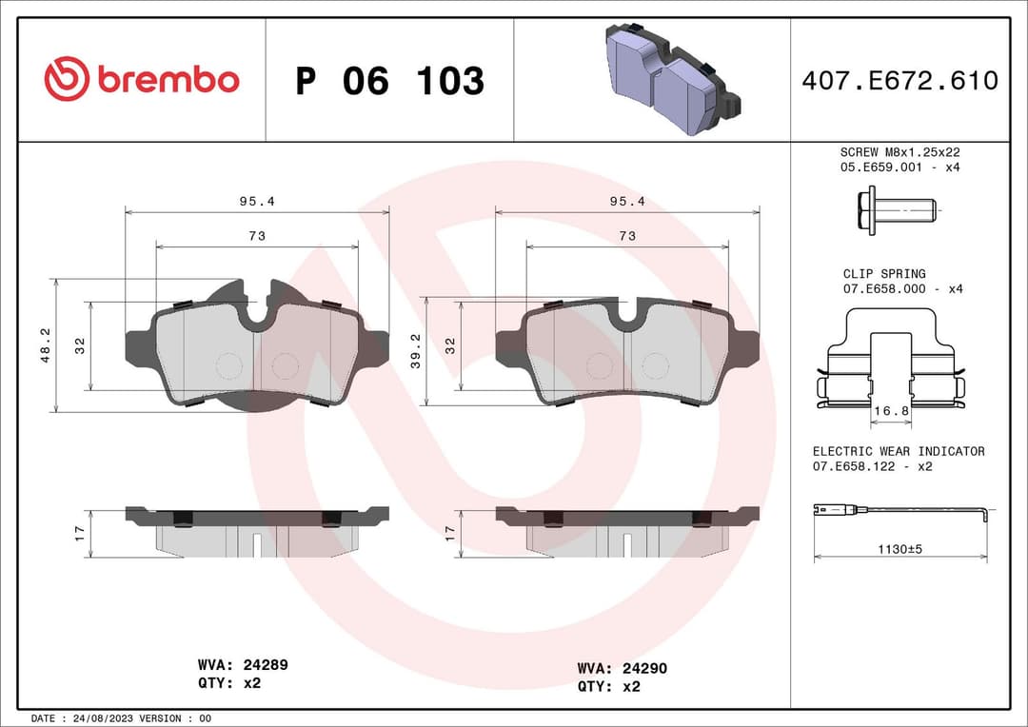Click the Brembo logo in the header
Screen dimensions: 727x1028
tap(142, 80)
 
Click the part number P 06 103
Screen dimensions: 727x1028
tap(389, 82)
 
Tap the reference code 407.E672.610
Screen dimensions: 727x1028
tap(899, 81)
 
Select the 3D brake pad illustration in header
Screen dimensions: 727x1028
tap(665, 79)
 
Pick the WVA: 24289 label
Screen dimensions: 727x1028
tap(243, 665)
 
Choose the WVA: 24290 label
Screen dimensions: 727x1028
tap(622, 669)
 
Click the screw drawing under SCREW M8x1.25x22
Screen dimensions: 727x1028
tap(896, 210)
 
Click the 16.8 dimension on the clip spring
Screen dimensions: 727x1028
tap(892, 411)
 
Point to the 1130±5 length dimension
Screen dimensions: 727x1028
tap(899, 548)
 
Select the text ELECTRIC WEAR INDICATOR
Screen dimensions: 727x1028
tap(899, 451)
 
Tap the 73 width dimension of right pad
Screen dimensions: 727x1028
tap(626, 236)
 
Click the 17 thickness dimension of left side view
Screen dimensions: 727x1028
tap(80, 533)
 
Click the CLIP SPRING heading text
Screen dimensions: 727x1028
tap(883, 274)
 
